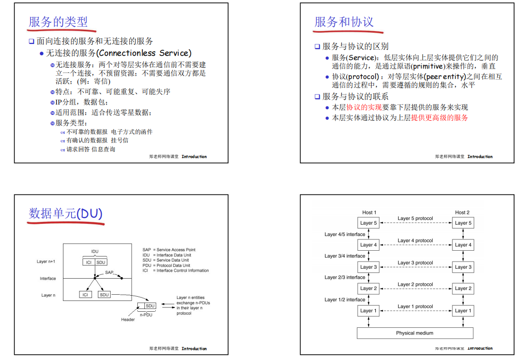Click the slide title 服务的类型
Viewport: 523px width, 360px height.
[x=58, y=22]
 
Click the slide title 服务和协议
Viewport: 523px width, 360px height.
[x=344, y=22]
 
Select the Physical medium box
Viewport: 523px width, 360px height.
[x=415, y=333]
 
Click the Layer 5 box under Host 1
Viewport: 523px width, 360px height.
[x=369, y=223]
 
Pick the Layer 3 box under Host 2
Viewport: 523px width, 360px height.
[x=463, y=267]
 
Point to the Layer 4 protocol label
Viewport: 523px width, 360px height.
[x=415, y=240]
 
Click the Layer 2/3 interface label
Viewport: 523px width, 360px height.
[x=345, y=277]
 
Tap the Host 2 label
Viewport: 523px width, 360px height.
[x=462, y=212]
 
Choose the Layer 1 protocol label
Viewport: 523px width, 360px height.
[x=415, y=306]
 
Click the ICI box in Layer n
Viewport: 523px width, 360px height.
[x=85, y=295]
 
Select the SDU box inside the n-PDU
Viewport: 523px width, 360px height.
[x=150, y=306]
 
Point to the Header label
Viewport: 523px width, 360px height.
[x=128, y=319]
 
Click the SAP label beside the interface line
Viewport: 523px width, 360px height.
[x=109, y=272]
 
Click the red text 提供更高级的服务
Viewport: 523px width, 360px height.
[x=439, y=118]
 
